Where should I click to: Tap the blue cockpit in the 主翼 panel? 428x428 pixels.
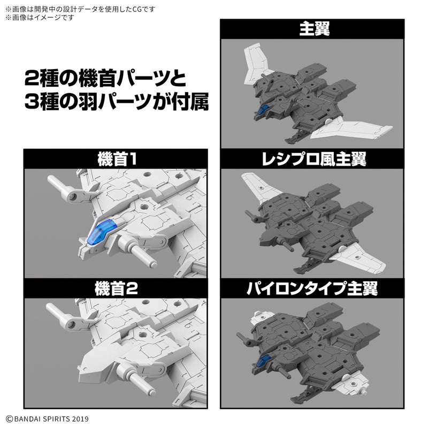[263, 110]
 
